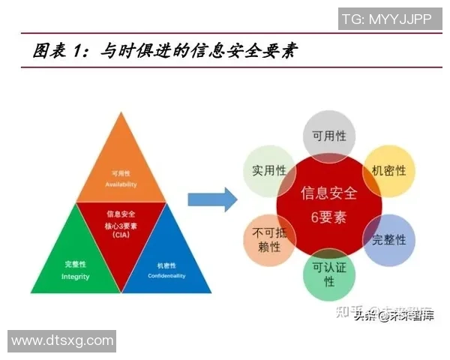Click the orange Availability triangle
tap(121, 169)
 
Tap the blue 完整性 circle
tap(388, 240)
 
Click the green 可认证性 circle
tap(328, 274)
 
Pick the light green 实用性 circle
tap(267, 171)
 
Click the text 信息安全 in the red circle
tap(328, 193)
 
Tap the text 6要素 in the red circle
tap(328, 218)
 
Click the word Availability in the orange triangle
tap(121, 184)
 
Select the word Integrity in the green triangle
tap(75, 277)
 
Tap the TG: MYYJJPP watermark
tap(387, 19)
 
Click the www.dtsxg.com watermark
tap(61, 341)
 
